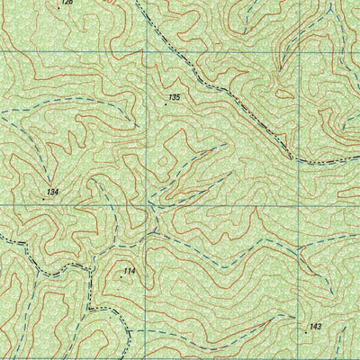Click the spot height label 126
[67, 3]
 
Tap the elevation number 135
[174, 96]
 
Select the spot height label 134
[53, 193]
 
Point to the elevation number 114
[130, 271]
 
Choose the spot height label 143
[315, 326]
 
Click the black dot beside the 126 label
[59, 4]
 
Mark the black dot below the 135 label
[166, 104]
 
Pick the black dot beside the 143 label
[306, 332]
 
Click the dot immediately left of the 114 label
[121, 276]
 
